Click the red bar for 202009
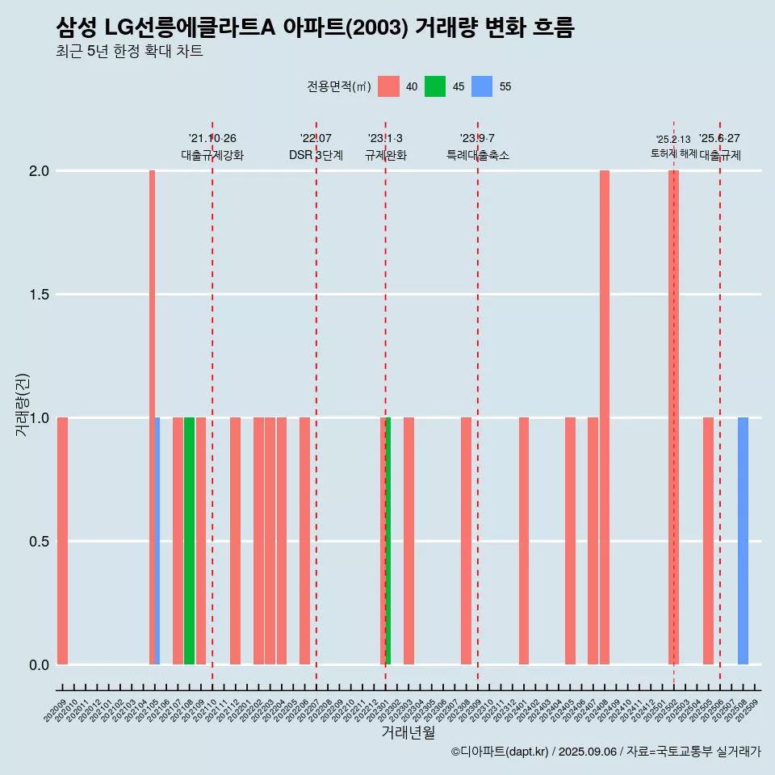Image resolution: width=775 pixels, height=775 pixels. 62,541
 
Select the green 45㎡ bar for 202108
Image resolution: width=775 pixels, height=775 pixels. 189,541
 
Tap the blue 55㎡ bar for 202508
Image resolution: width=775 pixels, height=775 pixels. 743,541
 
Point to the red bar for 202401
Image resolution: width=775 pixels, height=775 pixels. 524,541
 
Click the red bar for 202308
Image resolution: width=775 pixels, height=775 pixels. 466,541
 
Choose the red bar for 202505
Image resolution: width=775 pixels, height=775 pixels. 708,541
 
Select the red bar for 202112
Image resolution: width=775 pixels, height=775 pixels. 235,541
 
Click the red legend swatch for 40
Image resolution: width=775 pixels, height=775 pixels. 388,86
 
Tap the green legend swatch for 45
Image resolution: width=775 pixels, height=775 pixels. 435,86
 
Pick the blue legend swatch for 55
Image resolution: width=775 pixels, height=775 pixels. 482,86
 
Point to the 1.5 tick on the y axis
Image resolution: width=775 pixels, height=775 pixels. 38,295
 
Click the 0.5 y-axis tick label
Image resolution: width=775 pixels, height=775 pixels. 38,542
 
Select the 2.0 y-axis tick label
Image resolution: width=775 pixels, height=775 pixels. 38,171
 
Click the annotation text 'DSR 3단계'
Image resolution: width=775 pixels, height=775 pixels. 316,155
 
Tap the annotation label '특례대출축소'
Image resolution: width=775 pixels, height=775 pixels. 478,155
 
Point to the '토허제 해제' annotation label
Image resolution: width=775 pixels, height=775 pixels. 673,153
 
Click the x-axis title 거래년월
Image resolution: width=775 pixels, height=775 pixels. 408,733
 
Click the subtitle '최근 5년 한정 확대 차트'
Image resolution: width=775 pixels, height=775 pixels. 129,52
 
